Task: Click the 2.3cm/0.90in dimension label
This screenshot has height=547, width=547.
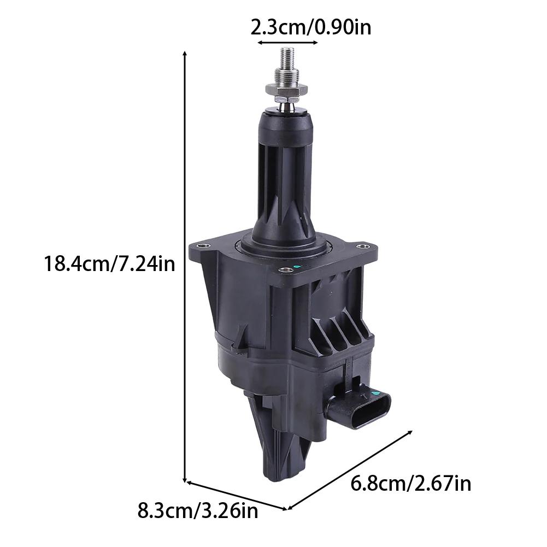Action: tap(310, 26)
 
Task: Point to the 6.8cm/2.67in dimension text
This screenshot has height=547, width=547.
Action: tap(410, 484)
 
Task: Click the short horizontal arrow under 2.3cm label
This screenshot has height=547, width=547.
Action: tap(287, 42)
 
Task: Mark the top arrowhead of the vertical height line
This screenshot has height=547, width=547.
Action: tap(185, 53)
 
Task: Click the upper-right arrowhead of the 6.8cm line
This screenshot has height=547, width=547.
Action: tap(409, 432)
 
